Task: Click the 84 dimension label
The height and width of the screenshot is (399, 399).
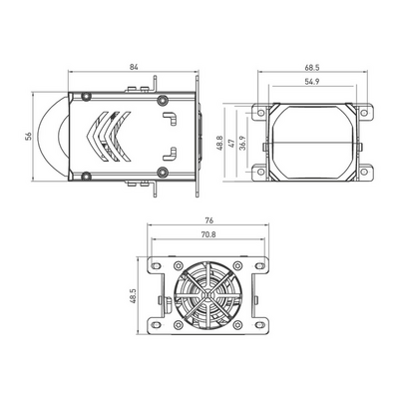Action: click(x=133, y=67)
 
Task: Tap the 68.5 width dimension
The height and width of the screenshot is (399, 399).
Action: click(x=314, y=67)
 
